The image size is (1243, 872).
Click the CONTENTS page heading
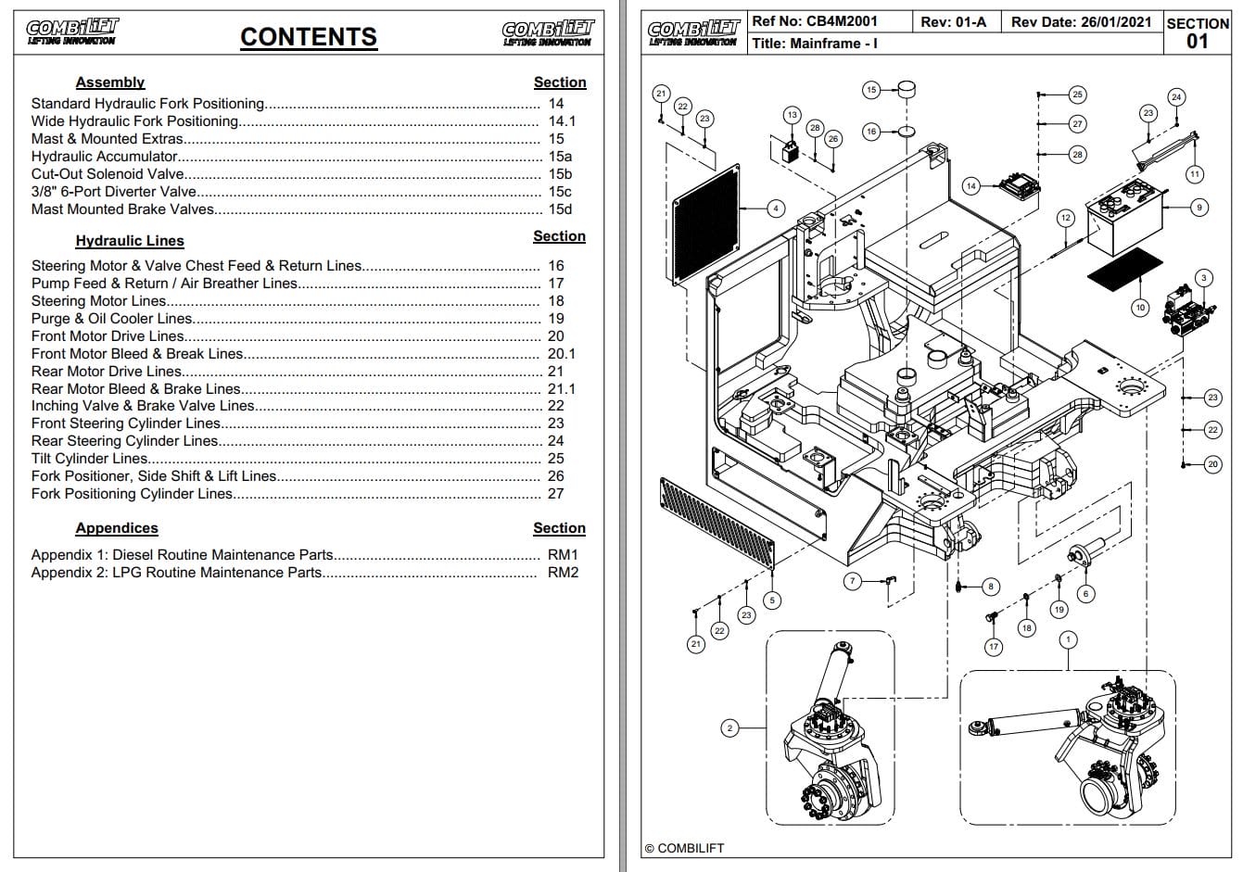coord(309,37)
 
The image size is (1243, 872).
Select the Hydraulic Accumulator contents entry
coord(105,157)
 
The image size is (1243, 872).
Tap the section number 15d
coord(560,209)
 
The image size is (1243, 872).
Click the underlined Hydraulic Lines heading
coord(130,241)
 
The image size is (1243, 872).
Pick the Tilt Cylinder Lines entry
coord(90,459)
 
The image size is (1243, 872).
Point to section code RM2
coord(563,573)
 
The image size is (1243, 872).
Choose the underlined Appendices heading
coord(117,528)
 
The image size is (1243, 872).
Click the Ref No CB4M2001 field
coord(815,21)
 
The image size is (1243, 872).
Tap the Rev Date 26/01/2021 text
coord(1081,21)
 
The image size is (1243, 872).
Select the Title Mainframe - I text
coord(815,44)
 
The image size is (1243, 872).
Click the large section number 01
coord(1198,41)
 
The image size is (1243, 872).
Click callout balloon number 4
coord(776,209)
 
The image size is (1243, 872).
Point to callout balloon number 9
coord(1199,208)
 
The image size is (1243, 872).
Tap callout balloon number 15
coord(871,90)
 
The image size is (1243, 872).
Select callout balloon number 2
coord(729,727)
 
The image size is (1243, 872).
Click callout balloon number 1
coord(1068,639)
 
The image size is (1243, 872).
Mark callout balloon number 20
coord(1212,464)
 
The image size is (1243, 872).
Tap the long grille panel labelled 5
coord(717,524)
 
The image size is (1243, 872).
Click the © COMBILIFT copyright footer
coord(685,848)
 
